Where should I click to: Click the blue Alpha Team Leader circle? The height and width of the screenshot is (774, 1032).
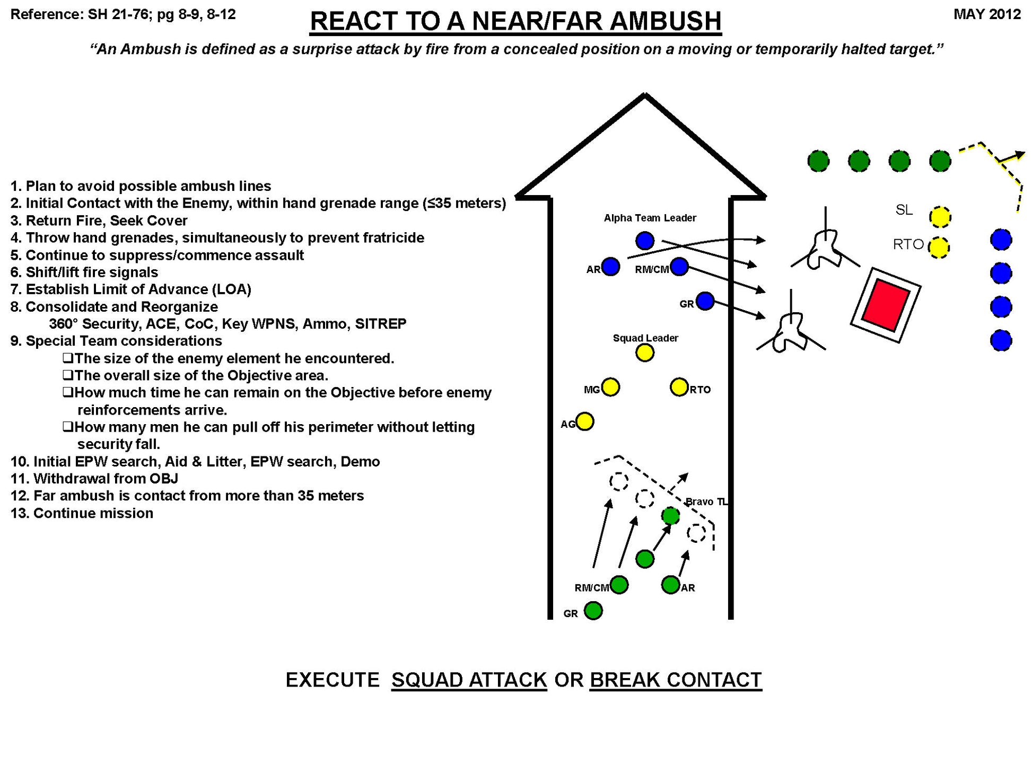pyautogui.click(x=644, y=241)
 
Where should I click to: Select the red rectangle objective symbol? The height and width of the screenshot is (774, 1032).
pyautogui.click(x=885, y=305)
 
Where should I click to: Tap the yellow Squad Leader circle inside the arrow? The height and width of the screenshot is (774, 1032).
pyautogui.click(x=644, y=353)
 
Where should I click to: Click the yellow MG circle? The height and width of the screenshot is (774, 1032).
pyautogui.click(x=610, y=387)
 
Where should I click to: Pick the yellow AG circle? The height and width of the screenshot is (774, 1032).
pyautogui.click(x=584, y=421)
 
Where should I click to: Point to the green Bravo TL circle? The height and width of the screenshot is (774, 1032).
pyautogui.click(x=670, y=515)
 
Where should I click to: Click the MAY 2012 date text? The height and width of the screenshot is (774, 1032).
pyautogui.click(x=986, y=14)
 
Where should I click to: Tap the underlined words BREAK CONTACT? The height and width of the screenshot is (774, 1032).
pyautogui.click(x=675, y=680)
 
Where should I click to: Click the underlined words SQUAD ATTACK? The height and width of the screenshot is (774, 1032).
pyautogui.click(x=469, y=680)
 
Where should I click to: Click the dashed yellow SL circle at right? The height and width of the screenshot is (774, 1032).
pyautogui.click(x=940, y=216)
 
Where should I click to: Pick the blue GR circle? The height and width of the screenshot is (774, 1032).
pyautogui.click(x=705, y=301)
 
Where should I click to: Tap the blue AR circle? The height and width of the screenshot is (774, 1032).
pyautogui.click(x=610, y=267)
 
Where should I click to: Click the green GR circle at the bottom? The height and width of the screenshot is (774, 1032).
pyautogui.click(x=593, y=611)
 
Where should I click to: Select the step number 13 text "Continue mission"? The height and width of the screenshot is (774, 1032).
pyautogui.click(x=93, y=513)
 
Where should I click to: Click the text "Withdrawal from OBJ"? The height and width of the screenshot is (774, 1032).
pyautogui.click(x=106, y=479)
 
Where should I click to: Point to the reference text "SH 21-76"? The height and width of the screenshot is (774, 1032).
pyautogui.click(x=118, y=14)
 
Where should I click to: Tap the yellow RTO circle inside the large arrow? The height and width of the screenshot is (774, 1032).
pyautogui.click(x=679, y=387)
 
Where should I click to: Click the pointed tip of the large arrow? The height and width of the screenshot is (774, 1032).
pyautogui.click(x=644, y=96)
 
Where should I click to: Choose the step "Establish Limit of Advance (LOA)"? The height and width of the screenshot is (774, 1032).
pyautogui.click(x=138, y=289)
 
